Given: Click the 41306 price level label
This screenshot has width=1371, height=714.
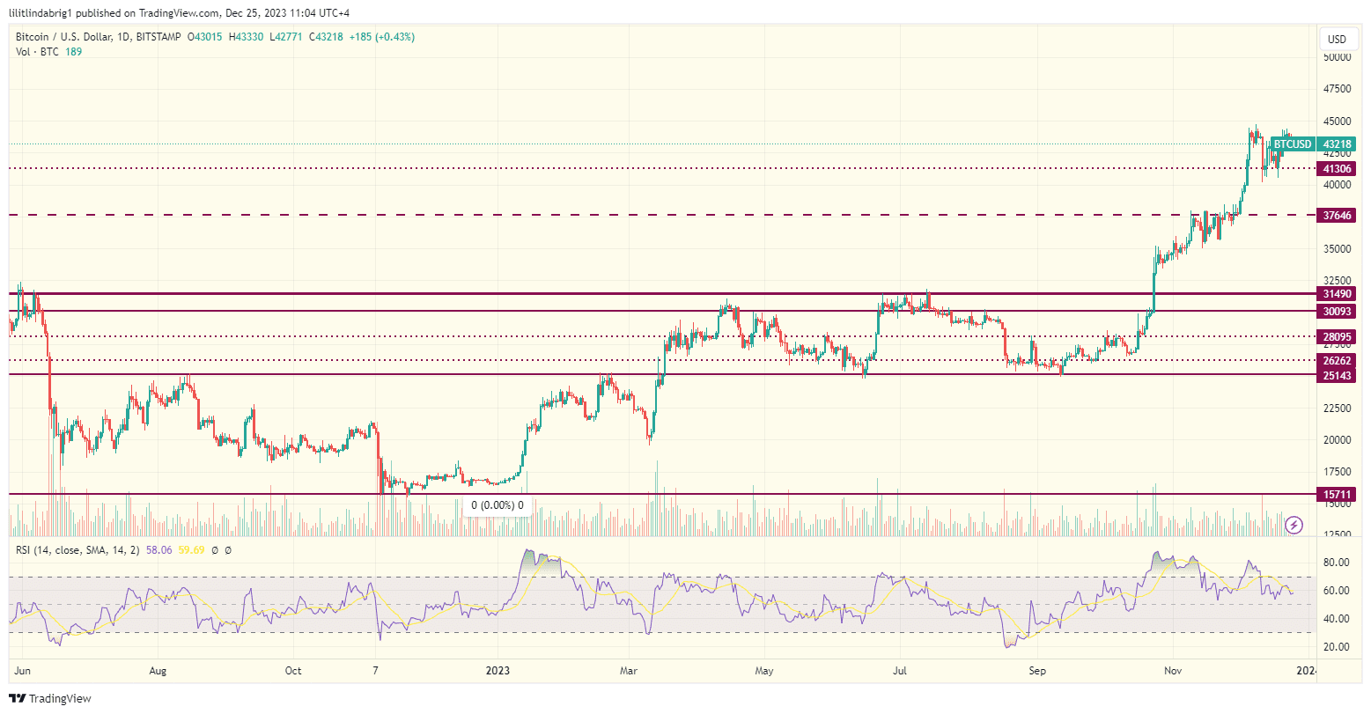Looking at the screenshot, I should click(x=1337, y=168).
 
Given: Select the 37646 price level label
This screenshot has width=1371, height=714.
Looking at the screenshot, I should click(x=1337, y=215).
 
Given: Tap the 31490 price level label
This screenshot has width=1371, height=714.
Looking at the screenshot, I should click(x=1337, y=293).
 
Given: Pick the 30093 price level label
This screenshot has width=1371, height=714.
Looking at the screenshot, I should click(x=1337, y=311).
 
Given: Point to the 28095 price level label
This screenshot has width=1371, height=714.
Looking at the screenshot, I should click(x=1337, y=336).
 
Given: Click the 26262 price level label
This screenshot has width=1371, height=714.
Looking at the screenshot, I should click(x=1337, y=360).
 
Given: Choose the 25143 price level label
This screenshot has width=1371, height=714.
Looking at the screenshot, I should click(x=1337, y=375).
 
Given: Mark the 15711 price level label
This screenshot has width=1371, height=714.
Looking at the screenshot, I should click(x=1337, y=495).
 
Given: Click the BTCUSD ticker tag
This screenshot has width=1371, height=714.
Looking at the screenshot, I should click(x=1293, y=144).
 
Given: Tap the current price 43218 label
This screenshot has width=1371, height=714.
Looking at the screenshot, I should click(x=1337, y=144).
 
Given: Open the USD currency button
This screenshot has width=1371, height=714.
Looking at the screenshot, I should click(x=1337, y=39).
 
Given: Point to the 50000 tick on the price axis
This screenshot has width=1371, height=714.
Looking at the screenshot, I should click(x=1337, y=57).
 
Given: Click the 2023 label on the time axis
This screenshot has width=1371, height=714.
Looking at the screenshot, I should click(x=498, y=671).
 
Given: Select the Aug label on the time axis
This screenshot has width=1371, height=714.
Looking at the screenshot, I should click(x=158, y=671).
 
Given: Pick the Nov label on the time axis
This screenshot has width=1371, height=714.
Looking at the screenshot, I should click(x=1172, y=671).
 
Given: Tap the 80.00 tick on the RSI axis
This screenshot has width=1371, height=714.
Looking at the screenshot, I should click(x=1337, y=563).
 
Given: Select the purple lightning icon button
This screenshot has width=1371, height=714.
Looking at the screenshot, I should click(x=1294, y=525).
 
